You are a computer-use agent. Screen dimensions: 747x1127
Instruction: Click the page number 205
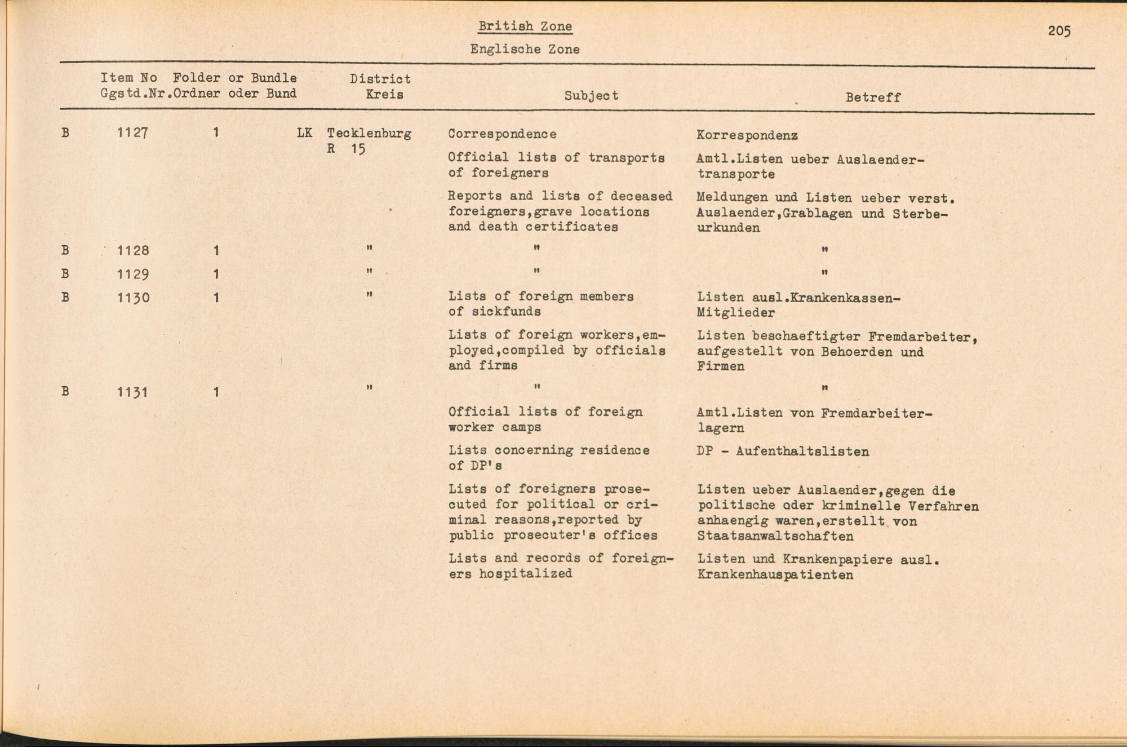tap(1059, 31)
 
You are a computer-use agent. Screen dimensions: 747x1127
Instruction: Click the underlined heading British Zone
tap(525, 26)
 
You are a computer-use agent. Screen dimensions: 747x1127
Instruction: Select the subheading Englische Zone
tap(525, 50)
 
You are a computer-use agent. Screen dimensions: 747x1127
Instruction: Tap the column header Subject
tap(591, 96)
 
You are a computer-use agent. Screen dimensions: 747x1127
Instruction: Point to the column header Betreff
tap(873, 98)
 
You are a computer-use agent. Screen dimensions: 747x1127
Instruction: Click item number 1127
tap(133, 133)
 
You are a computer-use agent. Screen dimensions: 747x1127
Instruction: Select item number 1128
tap(133, 250)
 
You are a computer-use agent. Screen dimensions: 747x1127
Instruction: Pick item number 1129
tap(133, 275)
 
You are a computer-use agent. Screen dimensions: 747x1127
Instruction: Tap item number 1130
tap(133, 298)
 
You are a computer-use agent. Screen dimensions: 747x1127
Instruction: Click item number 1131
tap(133, 392)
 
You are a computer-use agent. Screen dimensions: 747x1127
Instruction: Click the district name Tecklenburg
tap(369, 134)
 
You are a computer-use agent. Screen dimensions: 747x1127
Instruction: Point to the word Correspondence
tap(502, 134)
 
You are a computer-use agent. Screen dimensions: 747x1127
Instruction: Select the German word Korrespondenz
tap(747, 135)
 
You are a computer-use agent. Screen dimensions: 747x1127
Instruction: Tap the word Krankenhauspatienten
tap(775, 575)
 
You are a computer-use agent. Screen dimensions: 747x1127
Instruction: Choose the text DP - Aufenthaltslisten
tap(783, 452)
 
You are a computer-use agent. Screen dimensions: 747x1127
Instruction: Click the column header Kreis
tap(384, 94)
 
